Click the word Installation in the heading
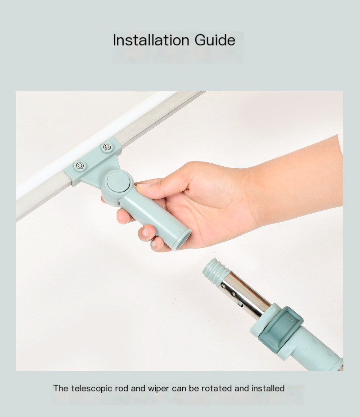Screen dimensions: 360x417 151,40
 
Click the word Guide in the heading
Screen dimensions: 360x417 215,40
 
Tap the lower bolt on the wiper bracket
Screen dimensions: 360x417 80,166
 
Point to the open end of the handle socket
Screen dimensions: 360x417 183,240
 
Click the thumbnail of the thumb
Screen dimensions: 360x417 143,186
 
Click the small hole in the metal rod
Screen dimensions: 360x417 241,304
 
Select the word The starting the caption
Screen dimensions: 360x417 61,389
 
